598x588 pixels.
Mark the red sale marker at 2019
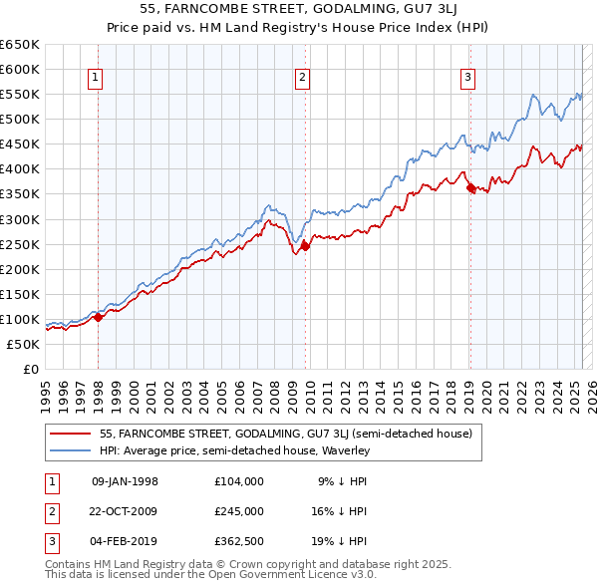(x=470, y=187)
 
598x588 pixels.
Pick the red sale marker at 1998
(x=99, y=317)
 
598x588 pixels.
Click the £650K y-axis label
(x=20, y=45)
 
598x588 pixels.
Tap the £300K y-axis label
(x=20, y=219)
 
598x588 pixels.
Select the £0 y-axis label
(x=31, y=369)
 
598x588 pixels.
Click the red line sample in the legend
(x=70, y=434)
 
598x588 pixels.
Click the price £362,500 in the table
(x=239, y=541)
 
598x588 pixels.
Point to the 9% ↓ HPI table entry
(x=342, y=481)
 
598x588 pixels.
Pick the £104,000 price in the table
(x=239, y=481)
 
